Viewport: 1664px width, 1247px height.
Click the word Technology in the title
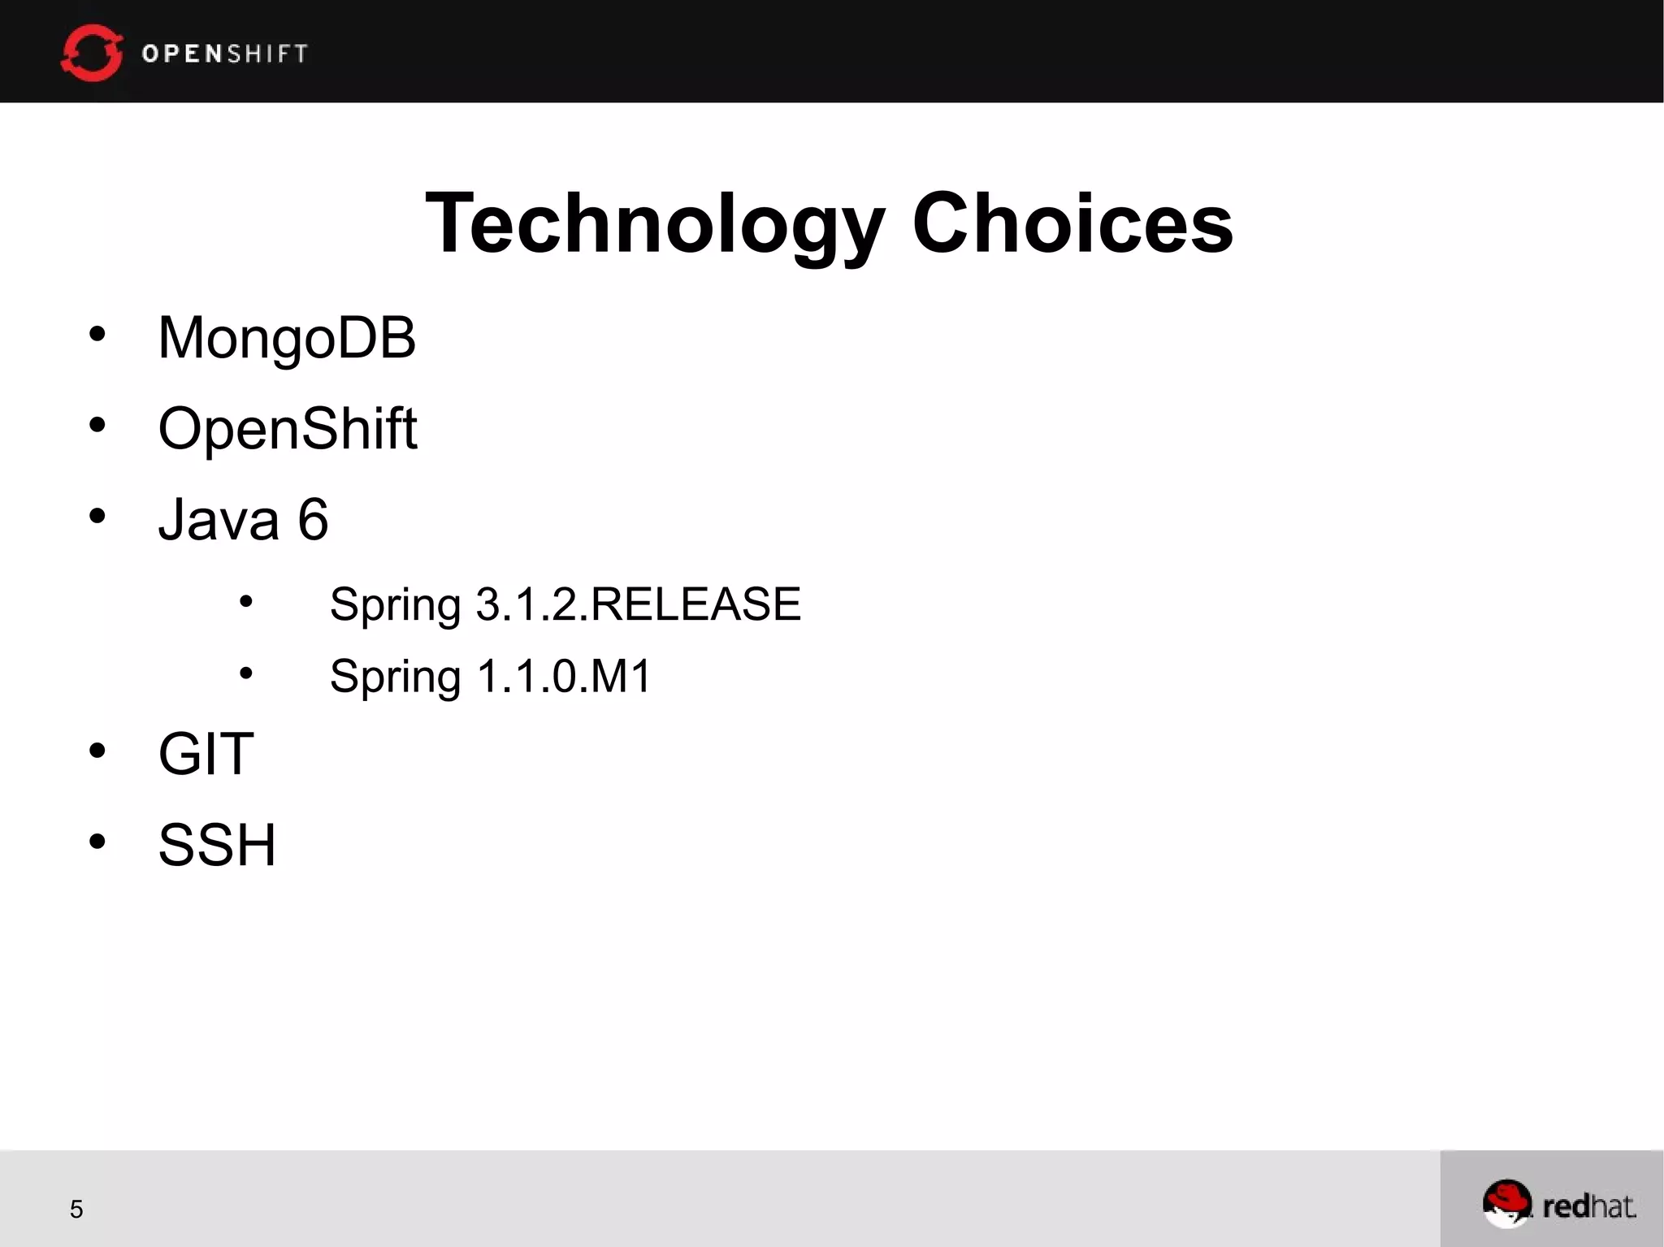coord(654,223)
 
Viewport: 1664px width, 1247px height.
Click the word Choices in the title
coord(1072,223)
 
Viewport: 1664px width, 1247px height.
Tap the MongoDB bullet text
coord(287,338)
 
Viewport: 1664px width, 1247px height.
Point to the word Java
coord(219,519)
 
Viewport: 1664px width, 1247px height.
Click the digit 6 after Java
coord(313,519)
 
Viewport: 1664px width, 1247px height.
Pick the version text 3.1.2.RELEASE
coord(638,604)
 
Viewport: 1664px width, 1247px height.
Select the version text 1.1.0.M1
coord(564,676)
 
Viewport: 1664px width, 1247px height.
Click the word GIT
coord(206,754)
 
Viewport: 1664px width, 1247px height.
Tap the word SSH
coord(217,845)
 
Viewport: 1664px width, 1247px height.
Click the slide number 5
coord(76,1210)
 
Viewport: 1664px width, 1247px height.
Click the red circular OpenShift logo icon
coord(92,53)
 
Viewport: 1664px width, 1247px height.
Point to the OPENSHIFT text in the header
coord(225,54)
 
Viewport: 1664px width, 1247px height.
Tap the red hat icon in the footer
coord(1506,1203)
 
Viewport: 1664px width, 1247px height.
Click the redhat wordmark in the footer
coord(1588,1206)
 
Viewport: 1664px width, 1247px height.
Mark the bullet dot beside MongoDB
coord(97,334)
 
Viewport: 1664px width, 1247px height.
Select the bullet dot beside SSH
coord(97,841)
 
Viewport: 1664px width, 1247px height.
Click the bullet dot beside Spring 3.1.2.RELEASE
coord(246,602)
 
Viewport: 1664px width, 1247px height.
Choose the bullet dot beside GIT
coord(97,751)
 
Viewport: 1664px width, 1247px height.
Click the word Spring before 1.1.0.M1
coord(395,678)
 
